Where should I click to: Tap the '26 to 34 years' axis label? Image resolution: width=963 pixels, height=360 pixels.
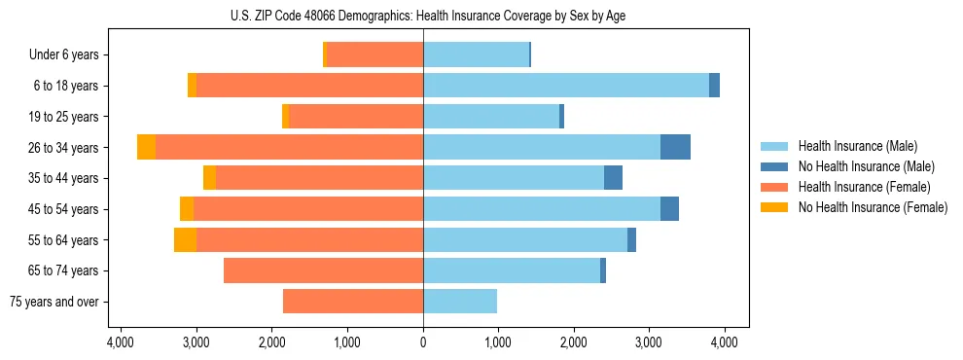coord(64,148)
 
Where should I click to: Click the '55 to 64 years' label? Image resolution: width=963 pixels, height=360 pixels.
coord(64,240)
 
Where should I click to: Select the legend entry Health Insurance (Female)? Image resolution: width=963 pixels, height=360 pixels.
coord(863,187)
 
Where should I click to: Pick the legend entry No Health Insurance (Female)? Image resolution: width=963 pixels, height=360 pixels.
coord(872,207)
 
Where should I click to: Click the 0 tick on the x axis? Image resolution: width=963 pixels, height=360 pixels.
coord(423,342)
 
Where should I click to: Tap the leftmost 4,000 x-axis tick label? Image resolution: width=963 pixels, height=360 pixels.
coord(121,342)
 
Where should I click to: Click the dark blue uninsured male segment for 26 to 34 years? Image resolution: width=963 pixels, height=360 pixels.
coord(675,147)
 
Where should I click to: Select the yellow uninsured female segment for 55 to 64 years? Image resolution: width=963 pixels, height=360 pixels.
coord(185,239)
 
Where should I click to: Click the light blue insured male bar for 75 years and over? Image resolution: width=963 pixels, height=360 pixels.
coord(460,302)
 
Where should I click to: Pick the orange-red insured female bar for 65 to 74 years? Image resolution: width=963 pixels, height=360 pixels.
coord(323,270)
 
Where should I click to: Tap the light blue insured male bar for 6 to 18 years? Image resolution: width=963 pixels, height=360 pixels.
coord(566,86)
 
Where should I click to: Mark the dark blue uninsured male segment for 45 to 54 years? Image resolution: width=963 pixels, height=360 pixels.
coord(669,209)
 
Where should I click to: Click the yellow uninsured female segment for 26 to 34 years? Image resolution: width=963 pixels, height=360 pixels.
coord(146,147)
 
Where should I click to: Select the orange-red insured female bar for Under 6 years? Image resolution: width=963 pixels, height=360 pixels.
coord(374,54)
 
